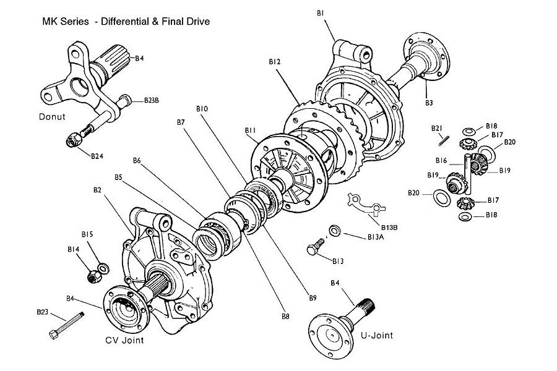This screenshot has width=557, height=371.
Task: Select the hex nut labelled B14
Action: pyautogui.click(x=91, y=278)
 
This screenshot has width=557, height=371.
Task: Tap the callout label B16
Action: pyautogui.click(x=441, y=160)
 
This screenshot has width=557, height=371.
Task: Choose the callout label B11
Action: pyautogui.click(x=250, y=130)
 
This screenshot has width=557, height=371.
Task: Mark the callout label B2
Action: pyautogui.click(x=97, y=190)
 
